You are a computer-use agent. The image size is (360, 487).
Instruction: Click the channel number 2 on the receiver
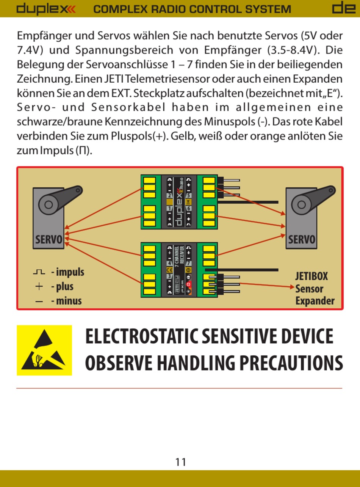170,196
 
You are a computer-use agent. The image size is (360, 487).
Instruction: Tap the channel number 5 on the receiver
189,196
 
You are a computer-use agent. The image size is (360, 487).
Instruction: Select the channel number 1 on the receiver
170,209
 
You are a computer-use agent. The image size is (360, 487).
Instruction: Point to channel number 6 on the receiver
189,209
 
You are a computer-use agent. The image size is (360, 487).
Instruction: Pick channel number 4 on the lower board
170,263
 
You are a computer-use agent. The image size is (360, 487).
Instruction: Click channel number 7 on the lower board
189,263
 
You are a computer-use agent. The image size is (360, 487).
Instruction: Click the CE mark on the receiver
170,270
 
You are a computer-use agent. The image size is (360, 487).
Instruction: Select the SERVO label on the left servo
49,240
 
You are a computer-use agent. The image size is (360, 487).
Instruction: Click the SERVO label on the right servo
302,240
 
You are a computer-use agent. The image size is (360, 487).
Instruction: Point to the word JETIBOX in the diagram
311,276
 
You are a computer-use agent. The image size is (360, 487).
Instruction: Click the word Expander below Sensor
315,301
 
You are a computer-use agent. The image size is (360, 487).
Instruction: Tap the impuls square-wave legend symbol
39,272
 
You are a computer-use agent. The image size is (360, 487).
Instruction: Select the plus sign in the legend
39,287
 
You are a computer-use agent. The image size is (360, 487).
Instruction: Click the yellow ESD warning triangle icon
44,350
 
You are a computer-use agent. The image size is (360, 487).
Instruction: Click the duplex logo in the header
46,9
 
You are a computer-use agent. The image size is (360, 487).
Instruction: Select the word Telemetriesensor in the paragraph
170,79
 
